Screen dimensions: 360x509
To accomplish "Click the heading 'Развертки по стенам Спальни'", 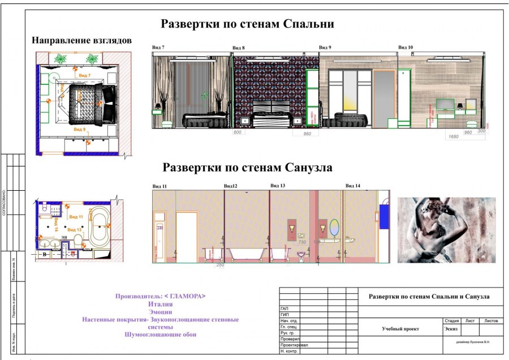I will point(247,24).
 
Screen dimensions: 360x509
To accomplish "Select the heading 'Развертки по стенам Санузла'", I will point(247,168).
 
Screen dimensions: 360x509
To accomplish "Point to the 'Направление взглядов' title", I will point(81,41).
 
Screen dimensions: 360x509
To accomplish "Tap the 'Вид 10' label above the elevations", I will point(406,47).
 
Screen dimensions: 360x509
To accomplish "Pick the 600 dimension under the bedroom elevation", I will point(238,132).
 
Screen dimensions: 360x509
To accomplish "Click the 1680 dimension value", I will point(453,136).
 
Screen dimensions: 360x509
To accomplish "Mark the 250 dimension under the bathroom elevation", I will point(220,265).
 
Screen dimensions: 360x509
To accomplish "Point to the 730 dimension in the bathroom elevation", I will point(302,242).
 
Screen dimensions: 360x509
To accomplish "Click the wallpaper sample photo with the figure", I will point(447,229).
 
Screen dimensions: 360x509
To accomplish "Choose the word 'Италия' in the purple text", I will point(160,304).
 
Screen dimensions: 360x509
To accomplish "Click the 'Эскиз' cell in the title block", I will point(451,328).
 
